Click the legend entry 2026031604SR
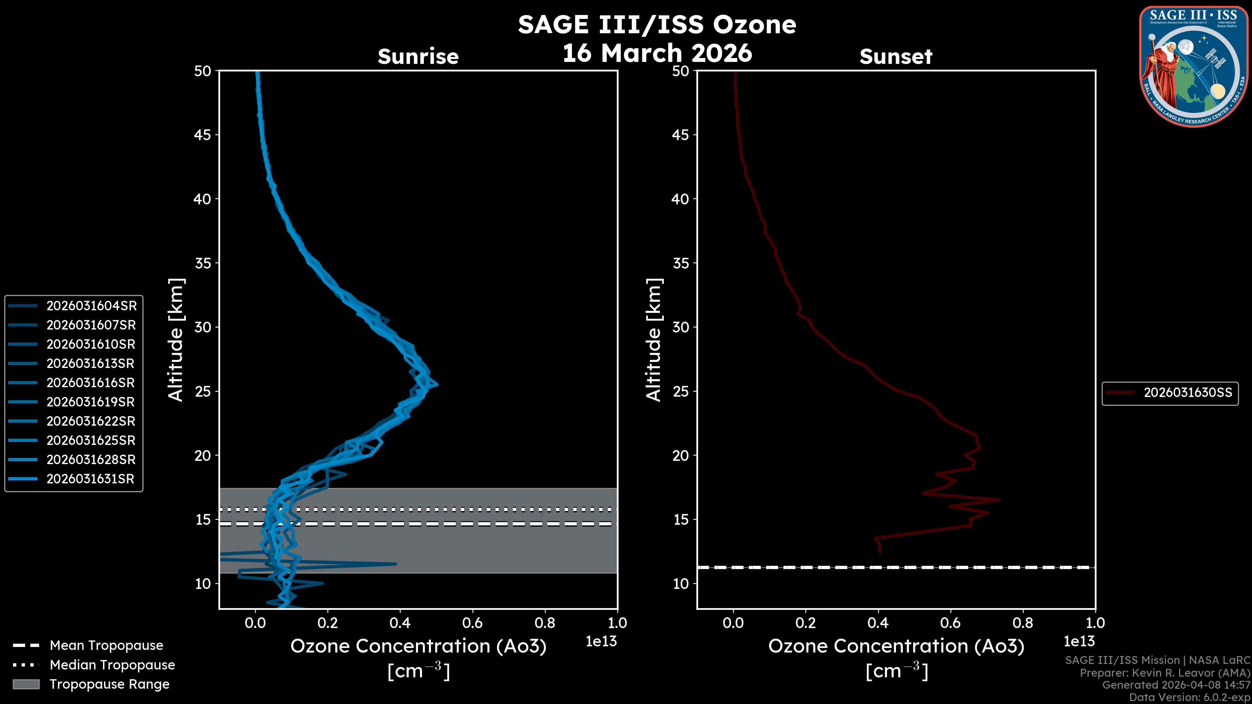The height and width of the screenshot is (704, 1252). (91, 306)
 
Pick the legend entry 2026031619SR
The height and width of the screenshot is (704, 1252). (90, 402)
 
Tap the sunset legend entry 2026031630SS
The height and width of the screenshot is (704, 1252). (1187, 392)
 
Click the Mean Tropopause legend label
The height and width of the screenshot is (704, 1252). (106, 645)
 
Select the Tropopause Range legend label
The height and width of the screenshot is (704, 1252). (109, 684)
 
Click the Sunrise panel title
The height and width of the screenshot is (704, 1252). (418, 57)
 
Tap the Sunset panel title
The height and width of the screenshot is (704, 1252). (896, 57)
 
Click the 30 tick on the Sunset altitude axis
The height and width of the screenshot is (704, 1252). (681, 327)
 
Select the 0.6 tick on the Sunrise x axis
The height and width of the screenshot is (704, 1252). (472, 623)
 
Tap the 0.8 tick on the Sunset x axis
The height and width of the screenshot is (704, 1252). (1023, 623)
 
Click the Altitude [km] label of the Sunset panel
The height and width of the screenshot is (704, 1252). (654, 340)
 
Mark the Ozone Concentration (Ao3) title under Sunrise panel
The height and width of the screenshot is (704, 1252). (418, 646)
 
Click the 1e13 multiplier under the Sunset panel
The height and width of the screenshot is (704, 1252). (1079, 641)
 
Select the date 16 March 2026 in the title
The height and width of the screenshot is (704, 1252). (657, 53)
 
